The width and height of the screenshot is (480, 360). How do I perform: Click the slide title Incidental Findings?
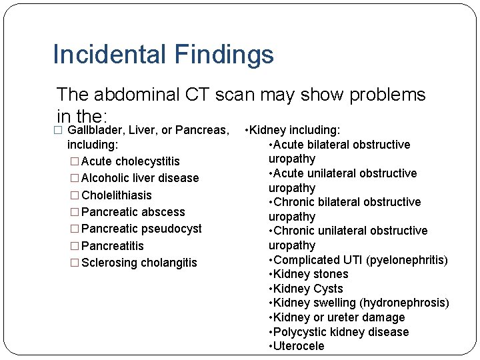163,55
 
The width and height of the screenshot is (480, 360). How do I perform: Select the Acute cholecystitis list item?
130,161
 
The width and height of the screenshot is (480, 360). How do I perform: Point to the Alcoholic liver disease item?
139,178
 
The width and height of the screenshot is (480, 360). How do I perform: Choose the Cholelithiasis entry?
116,195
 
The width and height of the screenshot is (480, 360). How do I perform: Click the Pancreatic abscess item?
133,212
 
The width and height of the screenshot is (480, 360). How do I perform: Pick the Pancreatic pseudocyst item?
141,229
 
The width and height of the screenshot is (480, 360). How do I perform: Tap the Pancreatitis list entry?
112,246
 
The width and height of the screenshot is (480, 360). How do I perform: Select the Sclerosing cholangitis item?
139,263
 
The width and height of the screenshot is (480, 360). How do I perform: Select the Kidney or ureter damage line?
336,317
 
